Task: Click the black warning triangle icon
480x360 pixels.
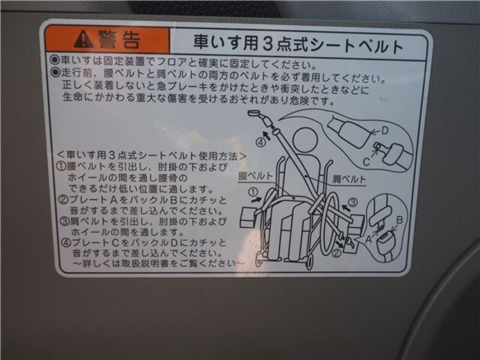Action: tap(83, 39)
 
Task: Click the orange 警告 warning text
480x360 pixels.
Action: tap(119, 40)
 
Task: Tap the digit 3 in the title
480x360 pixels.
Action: tap(267, 43)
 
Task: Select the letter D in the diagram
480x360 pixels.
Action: tap(385, 131)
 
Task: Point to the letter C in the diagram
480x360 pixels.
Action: tap(366, 161)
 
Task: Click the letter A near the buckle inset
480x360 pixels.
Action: tap(369, 239)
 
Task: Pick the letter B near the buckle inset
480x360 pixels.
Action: tap(400, 220)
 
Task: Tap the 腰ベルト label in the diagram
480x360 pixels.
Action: tap(256, 176)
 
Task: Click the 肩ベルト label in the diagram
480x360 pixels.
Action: tap(349, 179)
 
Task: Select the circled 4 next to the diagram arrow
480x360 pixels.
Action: tap(260, 142)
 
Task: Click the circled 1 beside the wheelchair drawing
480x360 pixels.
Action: tap(253, 192)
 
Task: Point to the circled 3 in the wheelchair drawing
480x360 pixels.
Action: tap(353, 202)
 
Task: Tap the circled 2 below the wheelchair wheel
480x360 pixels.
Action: tap(337, 253)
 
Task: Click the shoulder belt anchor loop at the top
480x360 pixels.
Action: tap(254, 113)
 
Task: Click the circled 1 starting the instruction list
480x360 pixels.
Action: tap(62, 167)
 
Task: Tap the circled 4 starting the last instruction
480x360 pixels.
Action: tap(66, 243)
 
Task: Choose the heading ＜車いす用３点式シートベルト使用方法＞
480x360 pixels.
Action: tap(152, 155)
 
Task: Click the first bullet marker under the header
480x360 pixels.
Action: tap(55, 59)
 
